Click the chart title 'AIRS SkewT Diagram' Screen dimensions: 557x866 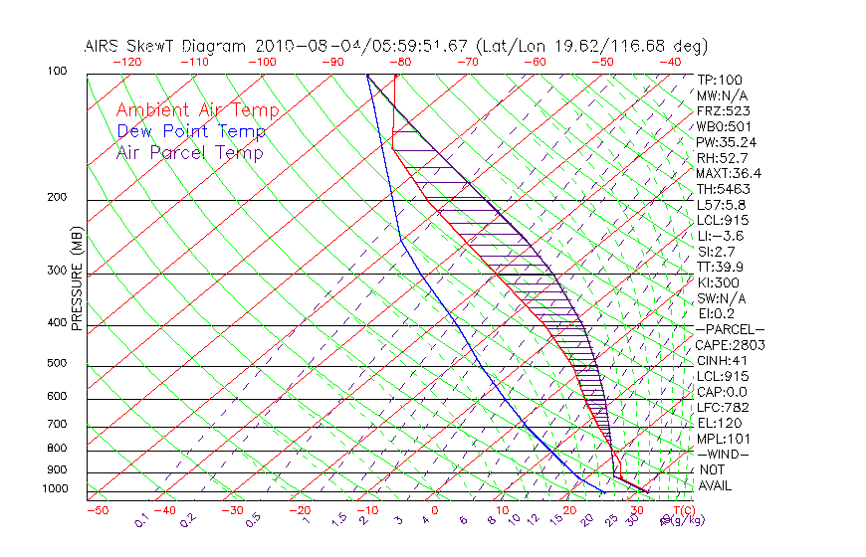(167, 47)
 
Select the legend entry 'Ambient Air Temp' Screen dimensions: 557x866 (197, 110)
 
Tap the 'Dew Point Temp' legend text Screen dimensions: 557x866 (191, 131)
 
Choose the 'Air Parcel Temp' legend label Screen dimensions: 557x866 (190, 152)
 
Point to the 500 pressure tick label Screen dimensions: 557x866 (59, 364)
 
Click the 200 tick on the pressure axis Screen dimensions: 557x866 (59, 198)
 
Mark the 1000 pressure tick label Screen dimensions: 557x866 (56, 489)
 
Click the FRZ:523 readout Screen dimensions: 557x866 (723, 111)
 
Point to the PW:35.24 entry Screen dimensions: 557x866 (727, 142)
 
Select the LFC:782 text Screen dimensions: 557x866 (722, 408)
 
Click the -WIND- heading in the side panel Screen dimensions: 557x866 (723, 454)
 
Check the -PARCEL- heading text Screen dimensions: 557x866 (730, 329)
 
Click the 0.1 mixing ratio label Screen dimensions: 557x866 (142, 518)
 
